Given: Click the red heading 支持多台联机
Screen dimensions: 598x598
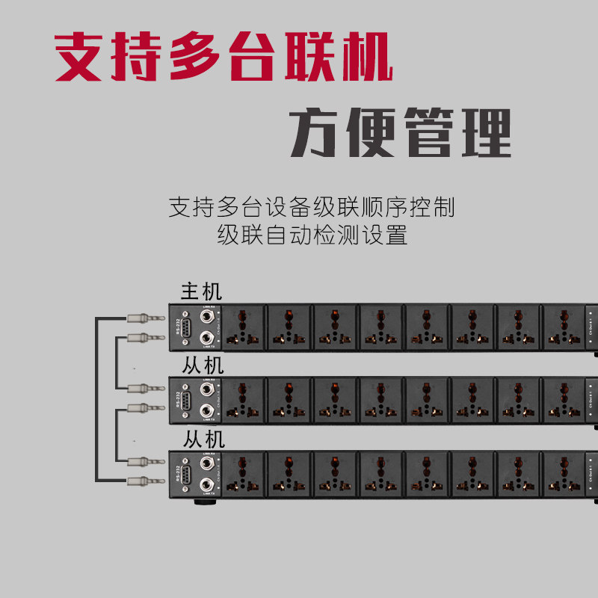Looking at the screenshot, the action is [x=224, y=57].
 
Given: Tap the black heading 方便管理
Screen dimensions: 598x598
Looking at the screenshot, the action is [x=401, y=133].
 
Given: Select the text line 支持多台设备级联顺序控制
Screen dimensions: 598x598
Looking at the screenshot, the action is [x=311, y=207].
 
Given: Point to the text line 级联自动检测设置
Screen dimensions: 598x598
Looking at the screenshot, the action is [x=312, y=235].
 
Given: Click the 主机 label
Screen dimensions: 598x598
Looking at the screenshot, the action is [x=201, y=292].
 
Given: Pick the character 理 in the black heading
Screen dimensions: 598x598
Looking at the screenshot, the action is [x=485, y=133].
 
